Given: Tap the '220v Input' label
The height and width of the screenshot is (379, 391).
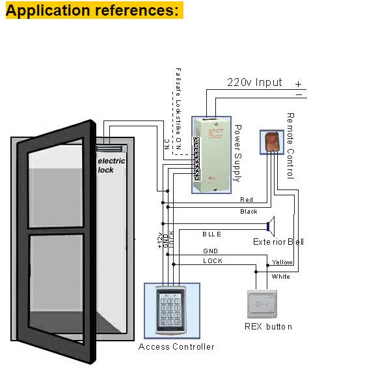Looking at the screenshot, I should point(254,83).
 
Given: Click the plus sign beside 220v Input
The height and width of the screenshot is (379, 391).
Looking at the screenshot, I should point(298,84).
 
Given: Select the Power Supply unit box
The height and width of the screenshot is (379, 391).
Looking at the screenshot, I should point(212,154).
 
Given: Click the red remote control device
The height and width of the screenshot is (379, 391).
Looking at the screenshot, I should point(269,141).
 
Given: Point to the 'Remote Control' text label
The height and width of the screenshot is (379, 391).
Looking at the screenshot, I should point(290,145).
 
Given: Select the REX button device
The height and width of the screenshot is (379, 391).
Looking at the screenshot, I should point(265,303).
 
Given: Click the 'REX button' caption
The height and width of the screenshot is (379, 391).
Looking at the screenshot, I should point(268,326).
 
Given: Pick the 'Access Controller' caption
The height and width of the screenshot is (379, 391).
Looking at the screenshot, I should point(176,346).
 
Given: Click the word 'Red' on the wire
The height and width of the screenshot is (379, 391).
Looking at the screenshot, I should point(247,200).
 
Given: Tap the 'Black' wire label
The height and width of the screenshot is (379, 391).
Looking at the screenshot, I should point(249,212).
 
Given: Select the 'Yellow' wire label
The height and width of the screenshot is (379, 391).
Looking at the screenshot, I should point(282,262).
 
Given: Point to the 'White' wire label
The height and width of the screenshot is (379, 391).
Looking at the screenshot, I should point(281,277).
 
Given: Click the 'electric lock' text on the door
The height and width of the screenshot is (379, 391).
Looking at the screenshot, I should point(111,165).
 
